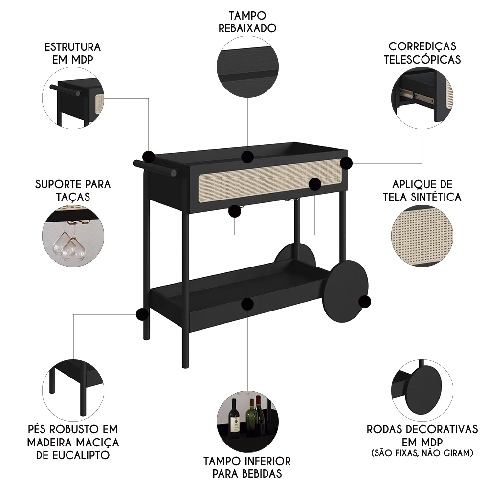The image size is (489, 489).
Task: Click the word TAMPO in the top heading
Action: coord(246,16)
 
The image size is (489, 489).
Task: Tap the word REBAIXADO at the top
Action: coord(247,28)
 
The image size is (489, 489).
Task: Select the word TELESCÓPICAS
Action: coord(422,60)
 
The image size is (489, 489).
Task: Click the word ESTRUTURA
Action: coord(72,47)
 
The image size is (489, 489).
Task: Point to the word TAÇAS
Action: coord(73,197)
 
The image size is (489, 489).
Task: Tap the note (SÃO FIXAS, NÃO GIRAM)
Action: coord(422,453)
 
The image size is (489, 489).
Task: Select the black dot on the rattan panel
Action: coord(315,184)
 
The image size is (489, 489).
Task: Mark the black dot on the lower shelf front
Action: coord(247,303)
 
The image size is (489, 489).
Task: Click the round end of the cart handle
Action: coord(172,172)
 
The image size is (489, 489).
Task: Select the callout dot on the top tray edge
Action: coord(247,156)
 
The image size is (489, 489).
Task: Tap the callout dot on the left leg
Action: coord(142,314)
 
